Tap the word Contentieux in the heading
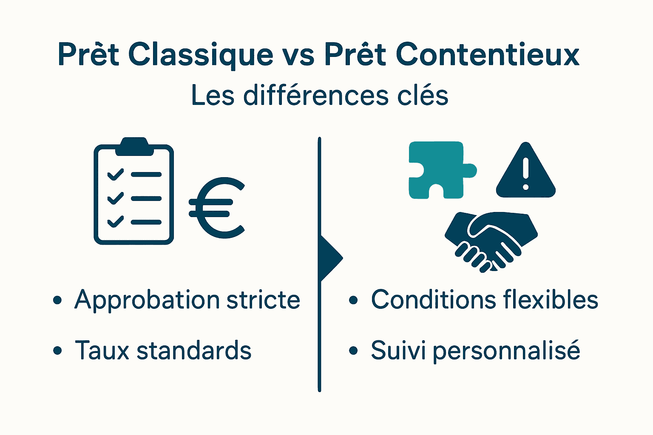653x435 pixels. point(488,54)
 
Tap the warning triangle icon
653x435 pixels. point(526,172)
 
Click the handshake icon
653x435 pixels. point(491,240)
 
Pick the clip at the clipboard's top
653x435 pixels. point(134,146)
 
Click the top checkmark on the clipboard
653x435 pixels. point(115,175)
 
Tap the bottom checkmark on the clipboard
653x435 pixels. point(115,222)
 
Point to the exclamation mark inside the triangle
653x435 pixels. point(526,173)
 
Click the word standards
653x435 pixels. point(194,351)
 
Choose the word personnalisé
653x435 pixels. point(506,351)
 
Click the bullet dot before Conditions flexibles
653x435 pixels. point(353,300)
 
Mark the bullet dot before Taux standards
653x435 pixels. point(57,351)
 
